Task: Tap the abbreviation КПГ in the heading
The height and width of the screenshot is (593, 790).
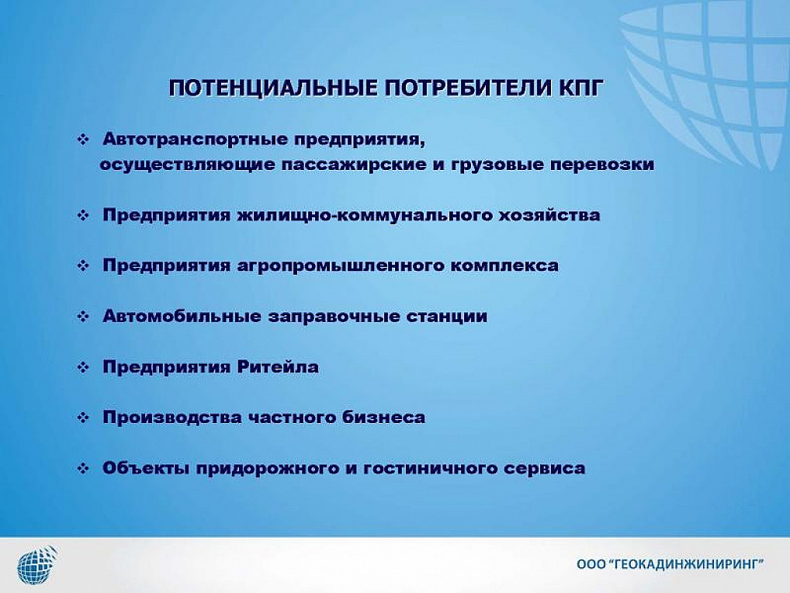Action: [x=580, y=88]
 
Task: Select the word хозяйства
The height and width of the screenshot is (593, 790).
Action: [x=549, y=215]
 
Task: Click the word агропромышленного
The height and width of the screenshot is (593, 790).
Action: [x=340, y=266]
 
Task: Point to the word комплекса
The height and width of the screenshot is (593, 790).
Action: [x=504, y=266]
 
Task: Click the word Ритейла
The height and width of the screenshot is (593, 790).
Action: [x=278, y=367]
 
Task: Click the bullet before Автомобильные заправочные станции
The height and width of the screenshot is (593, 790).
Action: [x=83, y=317]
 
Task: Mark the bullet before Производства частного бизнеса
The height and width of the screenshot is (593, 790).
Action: [x=83, y=418]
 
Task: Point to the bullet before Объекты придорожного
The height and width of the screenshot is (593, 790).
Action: [x=83, y=469]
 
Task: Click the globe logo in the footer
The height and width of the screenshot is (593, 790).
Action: [x=37, y=565]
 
